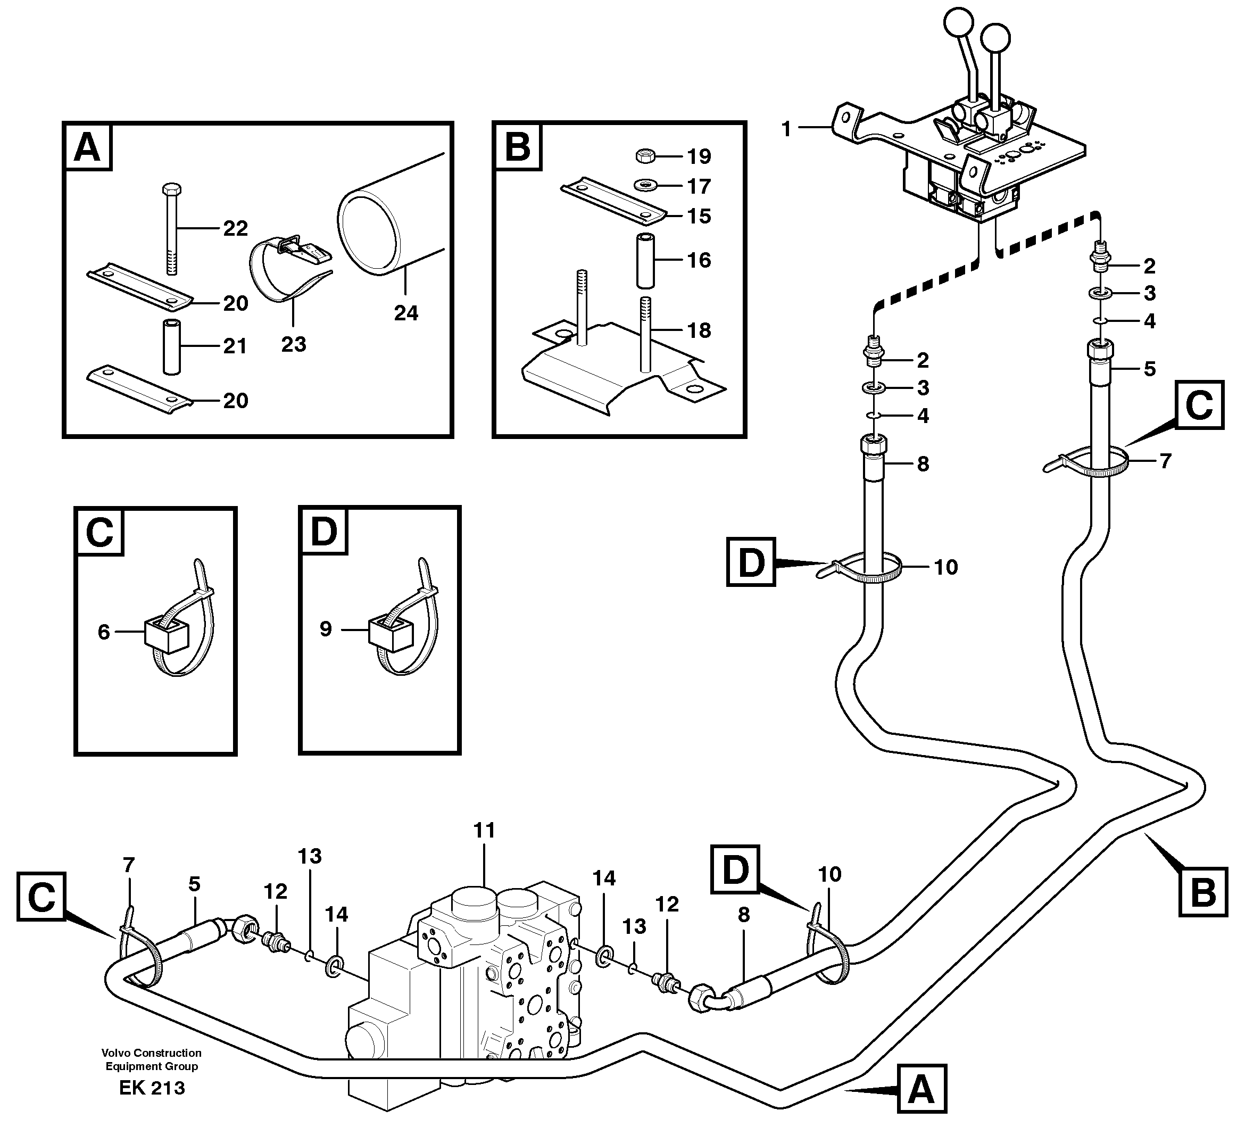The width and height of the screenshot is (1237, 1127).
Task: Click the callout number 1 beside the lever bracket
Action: pos(786,129)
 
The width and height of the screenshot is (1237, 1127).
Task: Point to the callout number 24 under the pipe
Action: pos(405,313)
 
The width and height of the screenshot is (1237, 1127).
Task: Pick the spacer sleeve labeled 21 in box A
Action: pos(171,346)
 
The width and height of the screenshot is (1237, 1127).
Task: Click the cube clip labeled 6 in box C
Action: pos(165,633)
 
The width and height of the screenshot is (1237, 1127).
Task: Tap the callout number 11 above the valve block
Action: pos(484,831)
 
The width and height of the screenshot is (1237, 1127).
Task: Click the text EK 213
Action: pos(152,1088)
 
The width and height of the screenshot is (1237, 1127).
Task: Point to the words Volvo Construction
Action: pos(152,1053)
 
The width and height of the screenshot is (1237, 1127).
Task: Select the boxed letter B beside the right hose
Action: pos(1201,891)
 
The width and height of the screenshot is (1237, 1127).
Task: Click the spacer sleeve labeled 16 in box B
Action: pos(645,260)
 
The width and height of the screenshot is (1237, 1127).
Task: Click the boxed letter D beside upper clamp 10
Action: pos(750,561)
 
